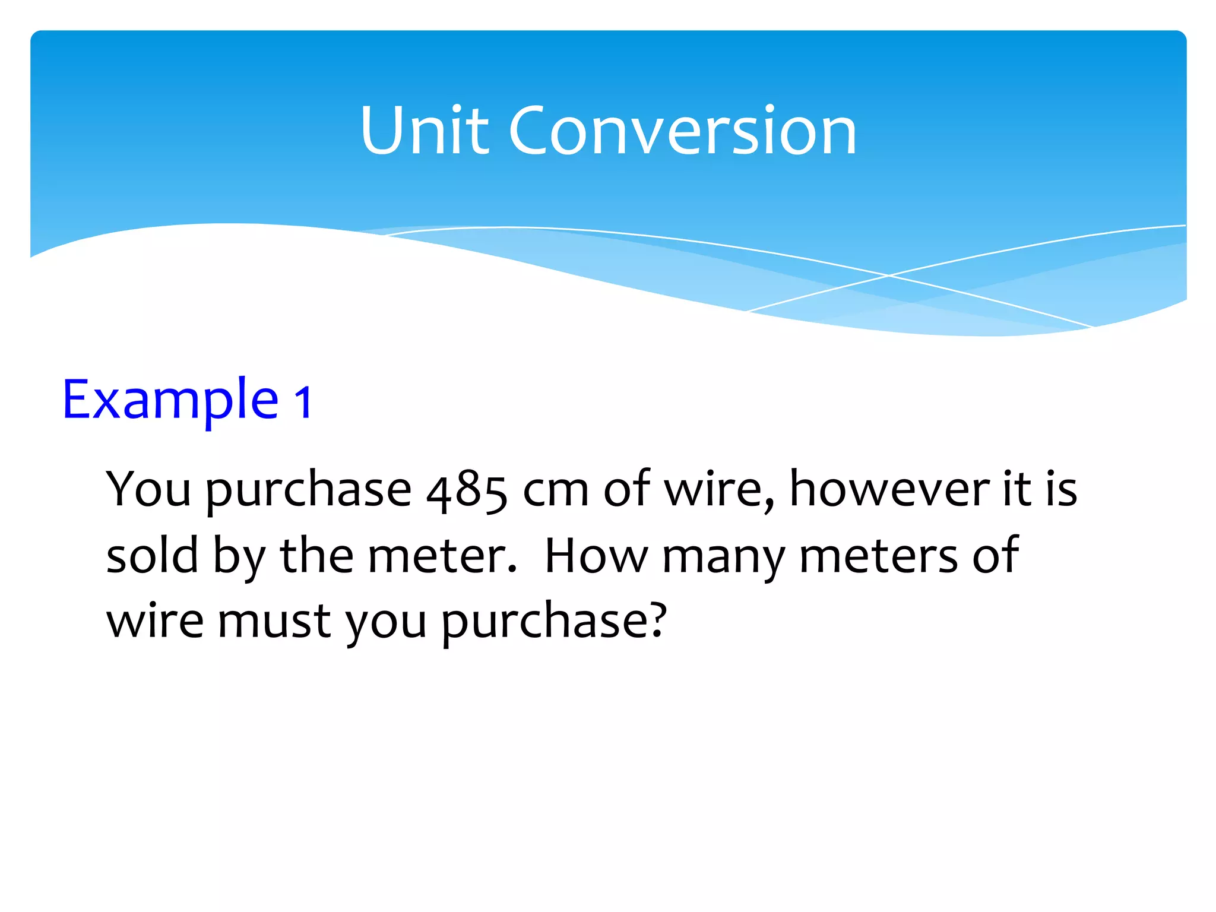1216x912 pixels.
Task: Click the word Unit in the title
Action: [425, 131]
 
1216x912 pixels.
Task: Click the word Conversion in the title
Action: [682, 131]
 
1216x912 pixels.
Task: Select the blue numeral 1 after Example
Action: [303, 402]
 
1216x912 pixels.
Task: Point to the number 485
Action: [467, 490]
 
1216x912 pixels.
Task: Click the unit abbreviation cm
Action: [556, 490]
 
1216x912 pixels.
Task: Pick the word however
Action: [888, 489]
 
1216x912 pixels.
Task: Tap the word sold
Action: [152, 555]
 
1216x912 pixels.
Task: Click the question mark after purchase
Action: [656, 620]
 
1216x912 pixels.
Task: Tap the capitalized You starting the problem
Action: [148, 489]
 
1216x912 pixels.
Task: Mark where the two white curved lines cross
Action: [889, 275]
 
